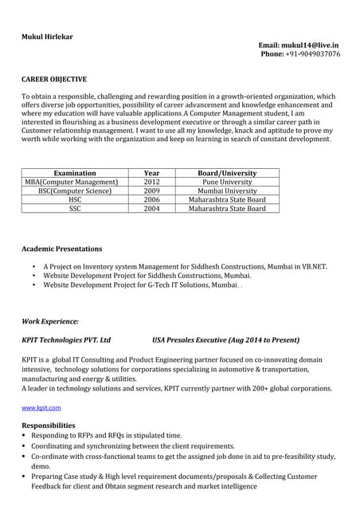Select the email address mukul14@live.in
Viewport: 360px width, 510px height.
[312, 46]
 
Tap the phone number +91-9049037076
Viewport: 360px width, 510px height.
[312, 55]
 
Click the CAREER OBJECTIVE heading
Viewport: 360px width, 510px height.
[54, 80]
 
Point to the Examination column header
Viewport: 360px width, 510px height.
[75, 173]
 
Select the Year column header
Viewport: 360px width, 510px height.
[151, 173]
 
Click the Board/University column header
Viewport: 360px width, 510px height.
[227, 173]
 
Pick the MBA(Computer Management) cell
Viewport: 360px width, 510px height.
[75, 182]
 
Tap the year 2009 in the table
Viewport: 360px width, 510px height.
[151, 191]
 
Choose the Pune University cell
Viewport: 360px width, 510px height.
[227, 182]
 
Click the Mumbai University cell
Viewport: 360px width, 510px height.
[227, 191]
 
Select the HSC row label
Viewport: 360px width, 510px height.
[75, 200]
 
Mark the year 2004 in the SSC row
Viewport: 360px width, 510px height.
[151, 209]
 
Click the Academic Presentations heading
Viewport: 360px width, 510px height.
[61, 249]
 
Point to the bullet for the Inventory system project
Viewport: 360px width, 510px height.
[33, 267]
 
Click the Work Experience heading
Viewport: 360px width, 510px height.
[50, 321]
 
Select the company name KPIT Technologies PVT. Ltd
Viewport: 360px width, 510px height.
[66, 339]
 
